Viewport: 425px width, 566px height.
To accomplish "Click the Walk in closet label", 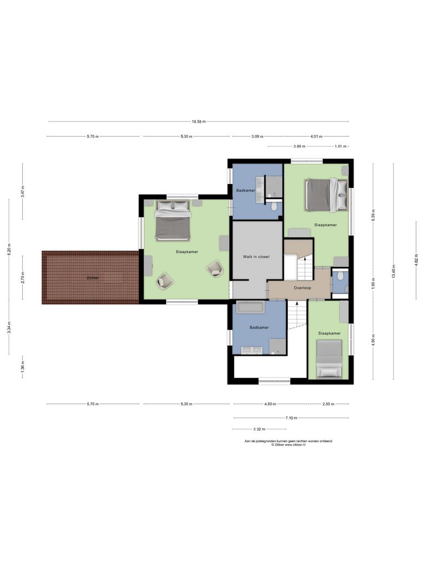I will [x=256, y=257].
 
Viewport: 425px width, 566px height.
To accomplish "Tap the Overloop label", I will [x=303, y=288].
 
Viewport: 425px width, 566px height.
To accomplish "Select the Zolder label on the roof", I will [x=92, y=277].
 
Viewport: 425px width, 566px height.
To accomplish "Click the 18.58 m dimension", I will [x=199, y=122].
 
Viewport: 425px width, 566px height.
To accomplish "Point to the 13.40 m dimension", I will [x=393, y=271].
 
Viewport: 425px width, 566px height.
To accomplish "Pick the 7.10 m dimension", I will [x=292, y=418].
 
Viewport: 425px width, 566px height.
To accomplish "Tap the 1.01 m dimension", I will [x=341, y=146].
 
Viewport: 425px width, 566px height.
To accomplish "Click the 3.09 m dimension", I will [x=257, y=136].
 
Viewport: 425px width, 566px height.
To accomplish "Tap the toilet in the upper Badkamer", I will [x=274, y=206].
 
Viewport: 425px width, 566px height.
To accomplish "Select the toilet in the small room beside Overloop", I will [x=340, y=275].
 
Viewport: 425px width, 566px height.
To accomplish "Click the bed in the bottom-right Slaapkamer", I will [x=329, y=359].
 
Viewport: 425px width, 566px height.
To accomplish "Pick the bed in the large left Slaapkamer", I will [x=173, y=221].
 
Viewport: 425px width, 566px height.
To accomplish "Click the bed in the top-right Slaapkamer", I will [x=326, y=195].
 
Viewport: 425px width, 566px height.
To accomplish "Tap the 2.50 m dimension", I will [x=329, y=404].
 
